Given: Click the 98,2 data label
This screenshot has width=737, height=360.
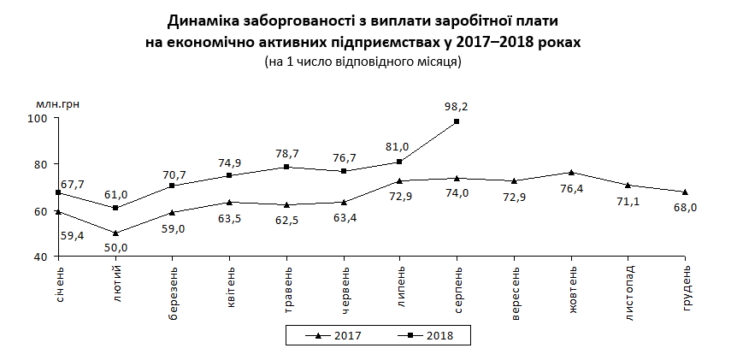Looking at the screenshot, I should (457, 107).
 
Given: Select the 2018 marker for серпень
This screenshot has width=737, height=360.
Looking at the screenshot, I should (457, 121).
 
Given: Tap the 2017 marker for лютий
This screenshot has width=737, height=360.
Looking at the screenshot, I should (115, 233).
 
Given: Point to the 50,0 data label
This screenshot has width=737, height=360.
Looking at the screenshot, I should (116, 248).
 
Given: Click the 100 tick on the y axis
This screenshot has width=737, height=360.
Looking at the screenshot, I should (38, 118).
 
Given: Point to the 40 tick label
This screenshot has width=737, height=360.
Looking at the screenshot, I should (41, 257).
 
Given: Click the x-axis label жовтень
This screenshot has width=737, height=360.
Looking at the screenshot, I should (572, 289).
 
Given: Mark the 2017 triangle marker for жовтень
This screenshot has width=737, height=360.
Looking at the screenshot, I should (571, 172).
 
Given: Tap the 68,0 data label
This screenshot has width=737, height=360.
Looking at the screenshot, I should (685, 207).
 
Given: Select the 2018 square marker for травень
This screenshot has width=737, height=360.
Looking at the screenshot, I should (286, 167).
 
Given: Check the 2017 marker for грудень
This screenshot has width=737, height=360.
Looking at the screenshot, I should (685, 192).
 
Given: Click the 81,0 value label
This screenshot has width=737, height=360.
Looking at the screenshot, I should (399, 146).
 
